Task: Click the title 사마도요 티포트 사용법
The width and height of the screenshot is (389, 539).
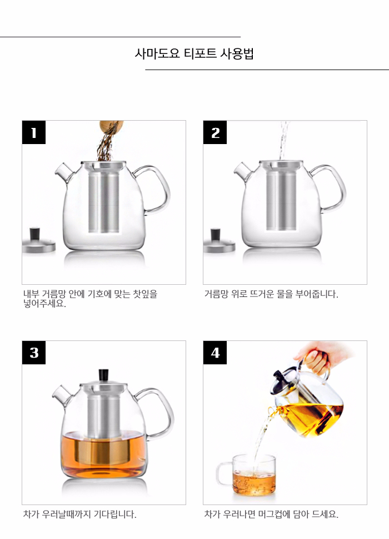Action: click(194, 54)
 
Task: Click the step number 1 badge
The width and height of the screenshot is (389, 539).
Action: click(34, 133)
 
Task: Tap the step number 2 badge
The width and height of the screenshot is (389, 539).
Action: click(215, 133)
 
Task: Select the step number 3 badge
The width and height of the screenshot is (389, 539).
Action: click(34, 353)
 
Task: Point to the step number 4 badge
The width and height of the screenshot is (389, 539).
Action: click(215, 353)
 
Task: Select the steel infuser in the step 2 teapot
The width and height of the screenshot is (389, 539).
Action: click(280, 200)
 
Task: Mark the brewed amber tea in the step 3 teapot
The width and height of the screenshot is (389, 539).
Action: click(104, 453)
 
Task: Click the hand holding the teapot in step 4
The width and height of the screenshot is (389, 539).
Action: click(323, 355)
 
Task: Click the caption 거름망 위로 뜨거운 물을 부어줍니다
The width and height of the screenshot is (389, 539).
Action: click(271, 294)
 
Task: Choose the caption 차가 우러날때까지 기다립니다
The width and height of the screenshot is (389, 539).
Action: click(79, 515)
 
